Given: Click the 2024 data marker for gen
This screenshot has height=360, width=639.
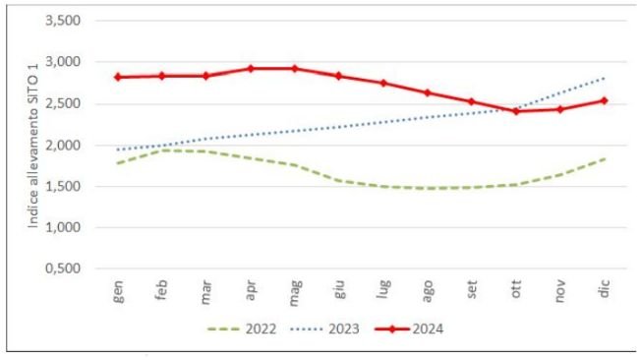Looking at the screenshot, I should click(x=119, y=77).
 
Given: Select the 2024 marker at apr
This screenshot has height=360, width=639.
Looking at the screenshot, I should click(x=251, y=69).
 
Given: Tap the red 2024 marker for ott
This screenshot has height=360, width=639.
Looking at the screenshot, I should click(x=515, y=111).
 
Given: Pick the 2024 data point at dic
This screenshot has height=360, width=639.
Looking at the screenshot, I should click(x=604, y=100).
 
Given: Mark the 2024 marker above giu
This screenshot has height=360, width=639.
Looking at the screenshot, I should click(x=338, y=76).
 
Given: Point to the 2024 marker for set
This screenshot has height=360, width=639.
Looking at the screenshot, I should click(x=471, y=101).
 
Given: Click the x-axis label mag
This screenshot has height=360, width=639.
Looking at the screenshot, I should click(x=294, y=292).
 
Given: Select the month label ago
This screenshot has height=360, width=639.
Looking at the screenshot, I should click(x=427, y=292).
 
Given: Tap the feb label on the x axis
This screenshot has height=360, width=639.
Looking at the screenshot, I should click(x=162, y=291).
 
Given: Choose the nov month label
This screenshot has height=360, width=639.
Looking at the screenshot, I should click(x=559, y=292).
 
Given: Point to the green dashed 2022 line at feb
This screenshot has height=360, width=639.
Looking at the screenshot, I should click(x=163, y=150).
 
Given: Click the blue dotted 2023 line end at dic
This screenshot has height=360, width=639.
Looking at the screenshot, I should click(x=604, y=78).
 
